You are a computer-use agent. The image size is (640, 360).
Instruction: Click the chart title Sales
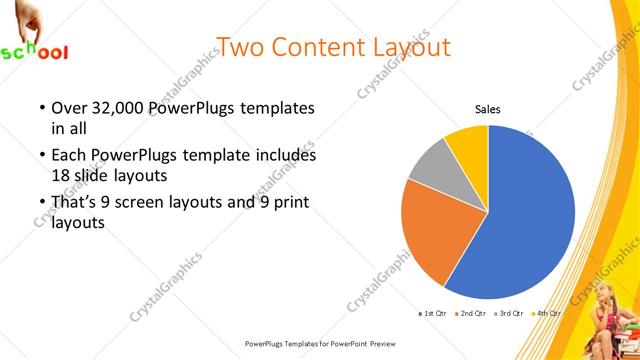tap(487, 110)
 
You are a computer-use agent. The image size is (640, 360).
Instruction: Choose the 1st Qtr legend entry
tap(433, 313)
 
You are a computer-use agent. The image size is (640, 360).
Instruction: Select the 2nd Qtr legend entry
tap(471, 313)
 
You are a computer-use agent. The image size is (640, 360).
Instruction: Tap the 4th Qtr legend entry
tap(547, 313)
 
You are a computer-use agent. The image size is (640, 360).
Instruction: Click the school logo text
tap(34, 51)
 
